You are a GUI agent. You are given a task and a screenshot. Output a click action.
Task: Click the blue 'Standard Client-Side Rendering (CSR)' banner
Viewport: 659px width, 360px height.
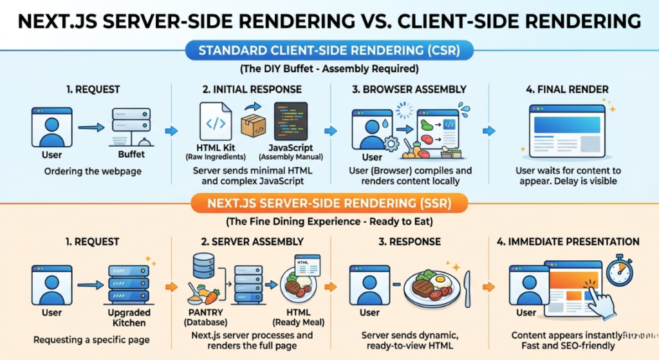(x=329, y=50)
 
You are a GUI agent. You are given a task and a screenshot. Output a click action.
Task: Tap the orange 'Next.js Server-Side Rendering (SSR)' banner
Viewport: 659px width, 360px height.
(x=329, y=204)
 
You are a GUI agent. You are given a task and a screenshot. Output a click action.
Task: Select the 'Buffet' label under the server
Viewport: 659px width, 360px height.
(x=131, y=155)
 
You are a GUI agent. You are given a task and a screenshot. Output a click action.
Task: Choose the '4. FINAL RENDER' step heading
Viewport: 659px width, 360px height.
(x=564, y=90)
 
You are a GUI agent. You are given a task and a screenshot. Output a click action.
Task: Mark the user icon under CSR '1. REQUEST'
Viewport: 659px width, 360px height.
(x=52, y=127)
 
